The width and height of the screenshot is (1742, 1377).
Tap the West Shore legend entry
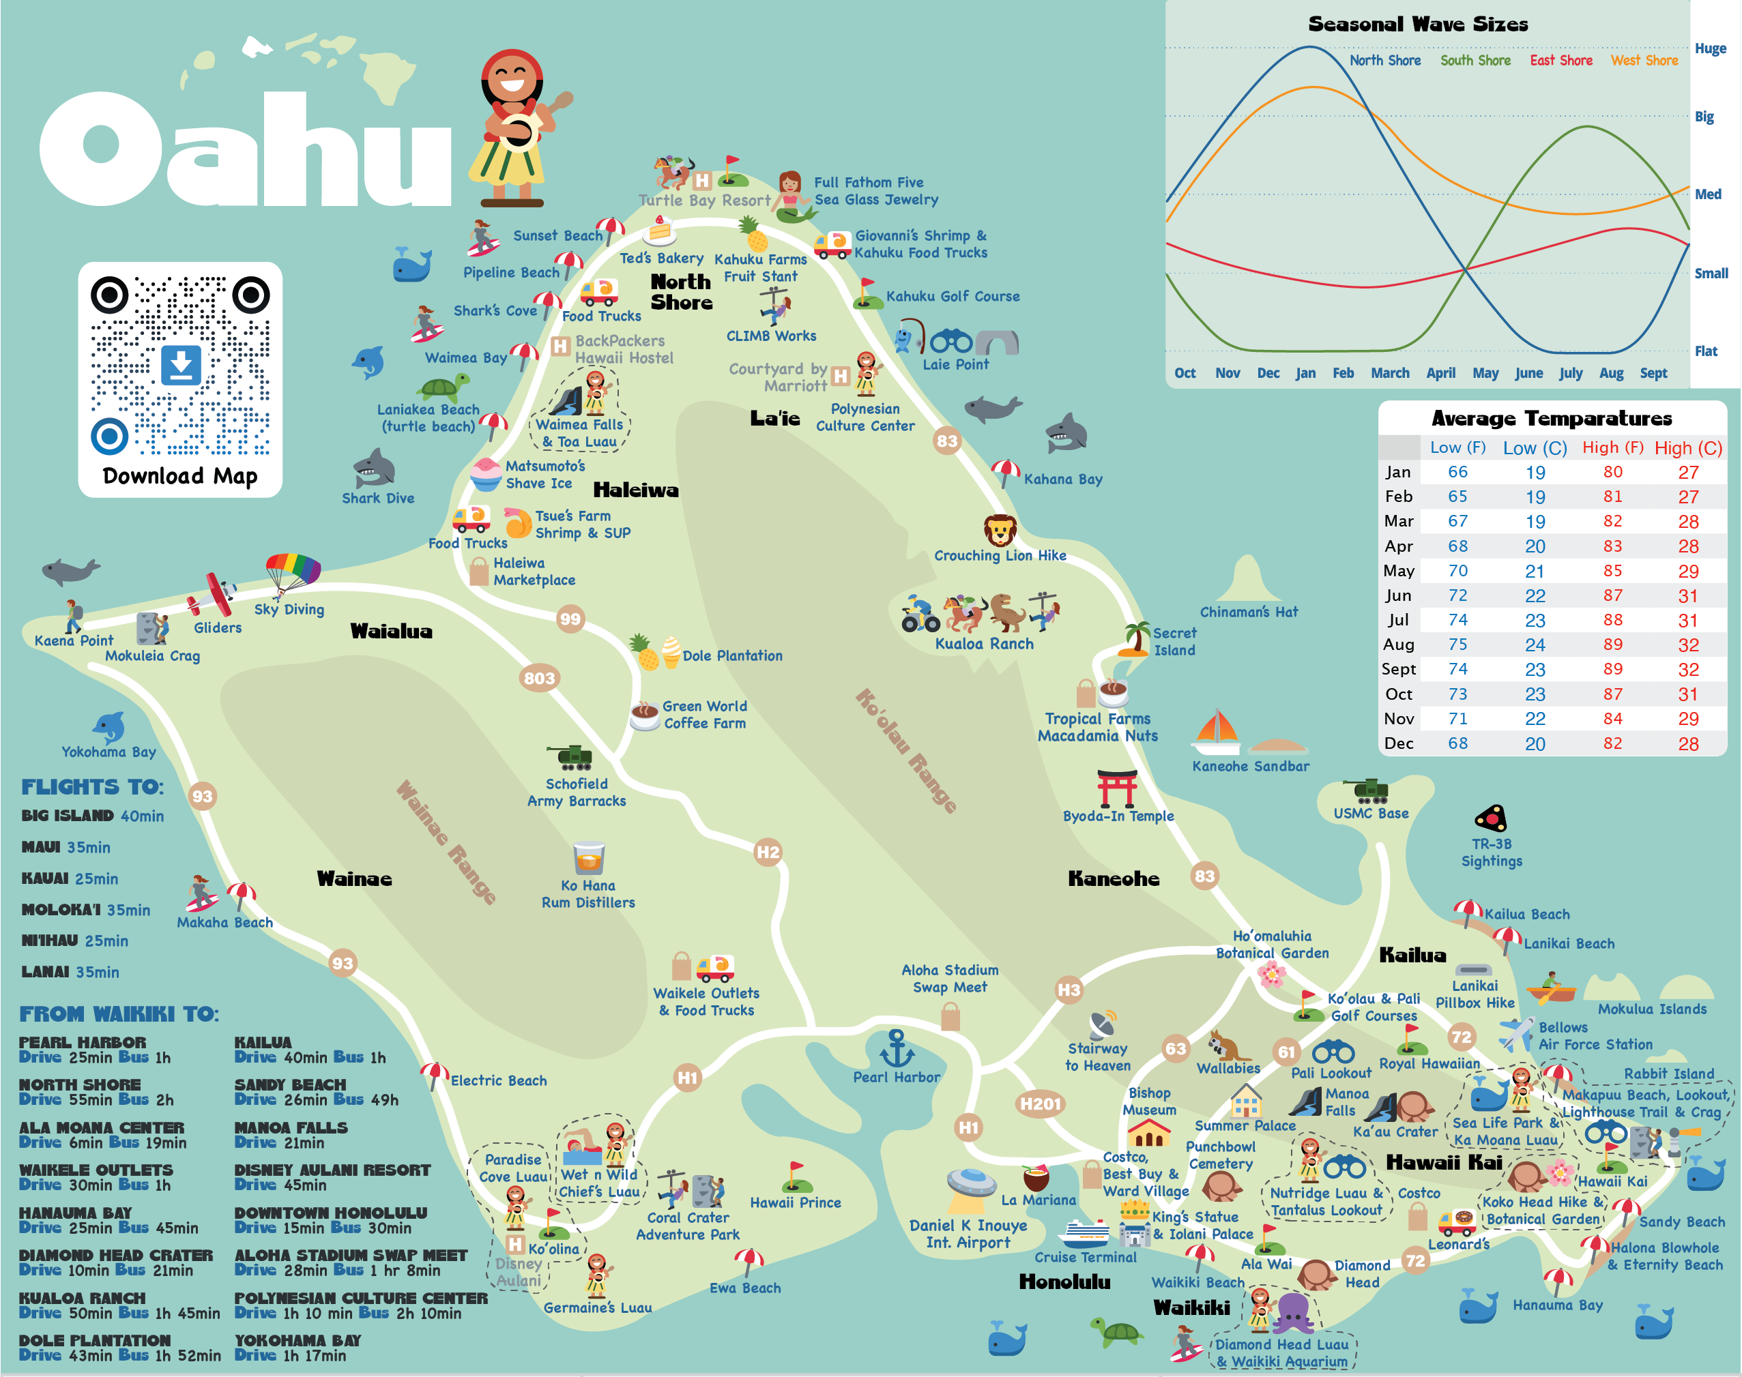[x=1644, y=61]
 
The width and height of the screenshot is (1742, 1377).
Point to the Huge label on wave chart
[x=1710, y=48]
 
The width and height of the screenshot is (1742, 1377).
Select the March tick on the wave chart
[x=1389, y=373]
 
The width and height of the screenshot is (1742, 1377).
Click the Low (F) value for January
[x=1457, y=472]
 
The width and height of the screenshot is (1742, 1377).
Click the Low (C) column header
[x=1534, y=448]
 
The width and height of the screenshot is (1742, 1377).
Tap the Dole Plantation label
[x=731, y=655]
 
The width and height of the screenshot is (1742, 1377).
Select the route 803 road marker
[x=539, y=678]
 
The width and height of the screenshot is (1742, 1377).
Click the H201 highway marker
[x=1040, y=1104]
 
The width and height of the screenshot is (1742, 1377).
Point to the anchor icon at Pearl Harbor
[x=896, y=1048]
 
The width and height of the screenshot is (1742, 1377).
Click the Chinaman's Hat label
[x=1249, y=612]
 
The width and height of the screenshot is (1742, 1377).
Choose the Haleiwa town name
[x=635, y=490]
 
